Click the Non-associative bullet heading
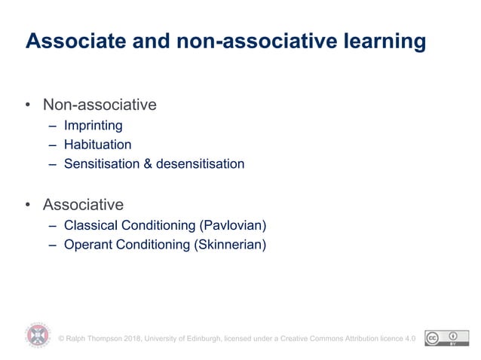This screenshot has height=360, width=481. point(100,105)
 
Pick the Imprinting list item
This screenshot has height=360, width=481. point(93,126)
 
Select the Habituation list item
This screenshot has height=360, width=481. point(97,145)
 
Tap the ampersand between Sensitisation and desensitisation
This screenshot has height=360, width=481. point(148,163)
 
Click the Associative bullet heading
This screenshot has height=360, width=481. point(83,204)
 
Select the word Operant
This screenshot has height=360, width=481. point(87,244)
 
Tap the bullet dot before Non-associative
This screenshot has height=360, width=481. point(28,105)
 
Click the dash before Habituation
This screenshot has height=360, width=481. point(53,145)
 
